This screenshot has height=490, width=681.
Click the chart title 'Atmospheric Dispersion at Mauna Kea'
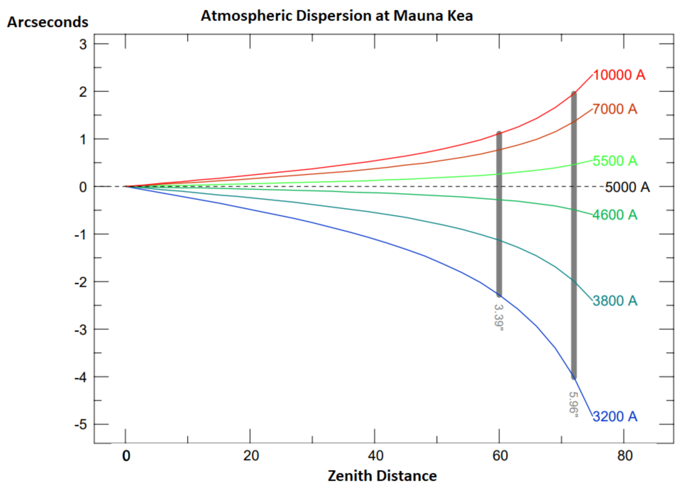[x=337, y=16]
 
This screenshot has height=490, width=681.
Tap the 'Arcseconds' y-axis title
[x=48, y=22]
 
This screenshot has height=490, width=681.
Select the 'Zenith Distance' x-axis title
[x=382, y=476]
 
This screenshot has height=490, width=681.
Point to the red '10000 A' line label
[x=619, y=75]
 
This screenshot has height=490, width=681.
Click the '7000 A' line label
[x=615, y=109]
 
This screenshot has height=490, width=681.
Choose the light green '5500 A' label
[x=615, y=161]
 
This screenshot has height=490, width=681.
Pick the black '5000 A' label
[x=627, y=187]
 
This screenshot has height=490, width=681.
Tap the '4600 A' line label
[x=615, y=215]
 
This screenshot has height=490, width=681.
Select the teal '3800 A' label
[x=615, y=301]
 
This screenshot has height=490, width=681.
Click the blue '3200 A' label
[x=615, y=416]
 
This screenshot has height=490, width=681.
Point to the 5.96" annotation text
[x=574, y=405]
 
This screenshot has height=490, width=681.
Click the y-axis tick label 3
[x=83, y=44]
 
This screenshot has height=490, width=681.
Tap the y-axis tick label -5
[x=80, y=424]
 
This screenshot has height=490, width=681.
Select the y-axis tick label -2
[x=80, y=282]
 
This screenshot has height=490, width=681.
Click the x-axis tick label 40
[x=375, y=456]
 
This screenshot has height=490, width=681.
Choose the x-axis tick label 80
[x=625, y=456]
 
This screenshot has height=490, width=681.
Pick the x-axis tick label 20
[x=251, y=456]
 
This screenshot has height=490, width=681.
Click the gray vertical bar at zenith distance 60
[x=499, y=213]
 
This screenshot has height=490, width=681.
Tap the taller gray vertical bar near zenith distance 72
[x=574, y=234]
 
